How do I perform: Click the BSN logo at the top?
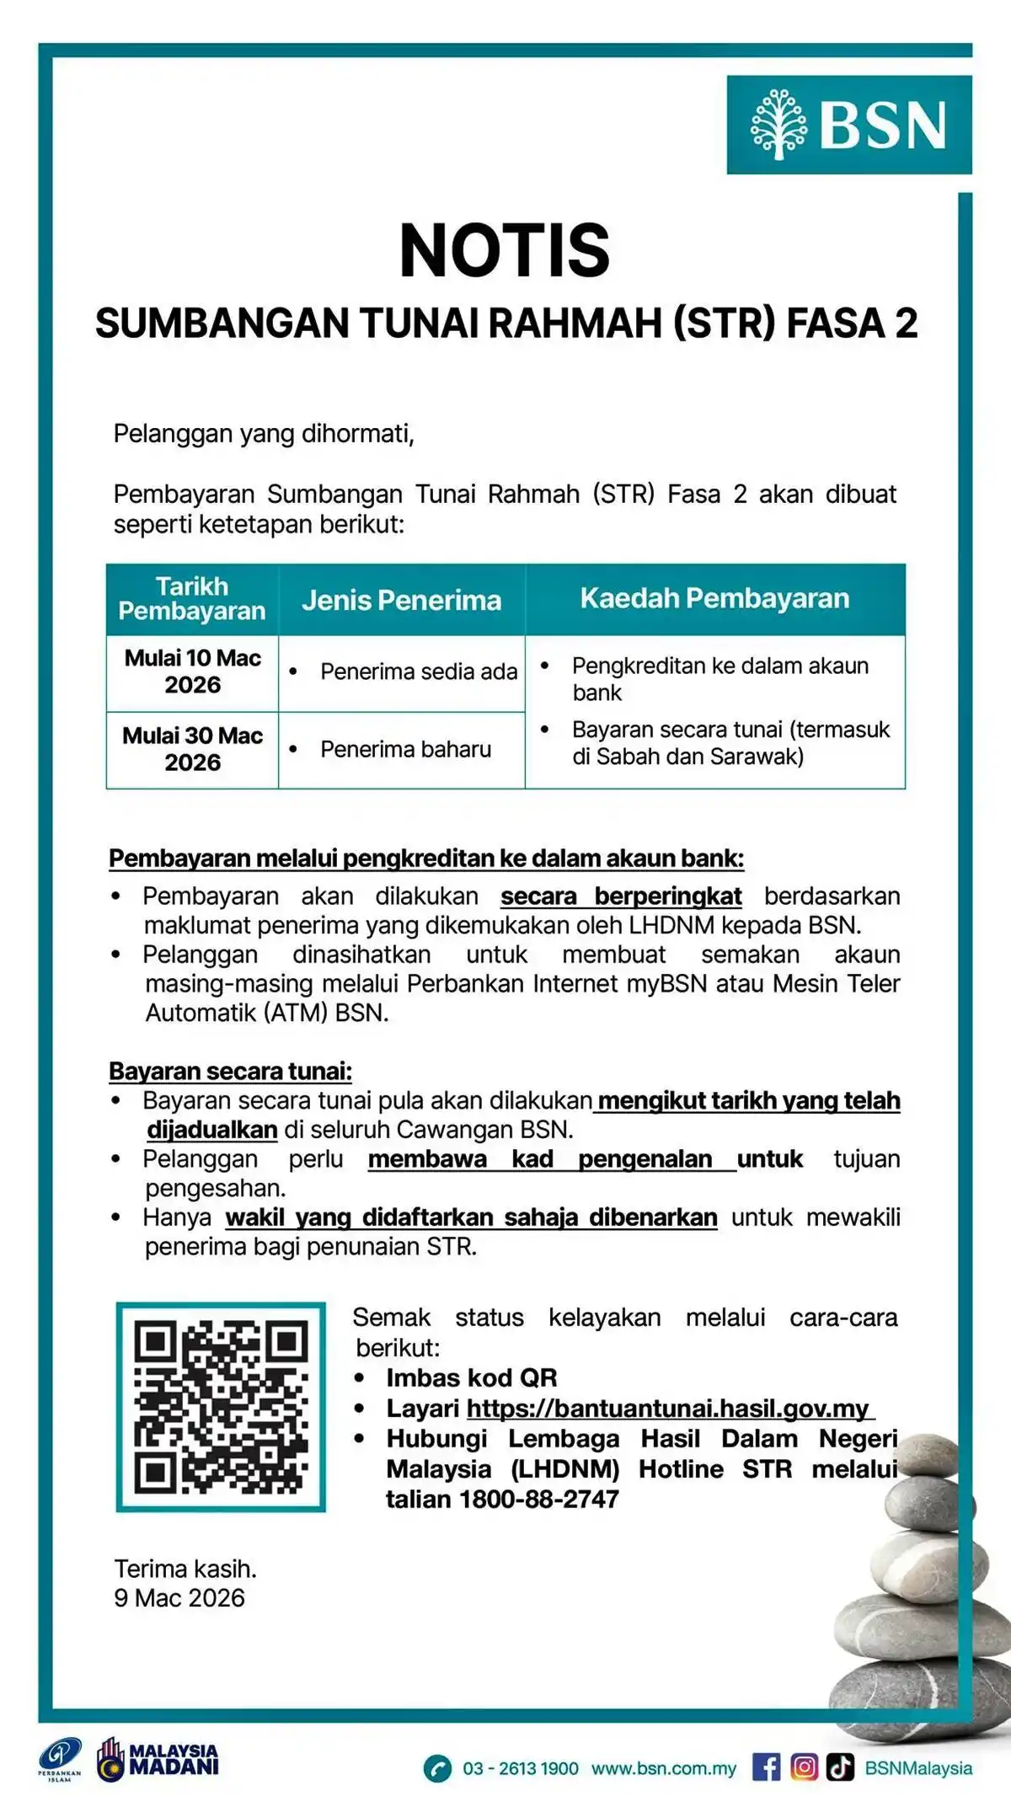click(848, 125)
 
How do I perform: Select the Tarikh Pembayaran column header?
click(192, 599)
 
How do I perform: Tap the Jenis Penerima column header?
click(402, 600)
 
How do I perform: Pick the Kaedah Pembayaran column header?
click(714, 598)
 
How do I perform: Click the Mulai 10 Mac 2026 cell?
click(193, 671)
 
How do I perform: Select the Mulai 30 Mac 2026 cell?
click(193, 749)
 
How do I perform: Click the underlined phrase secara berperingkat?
click(621, 896)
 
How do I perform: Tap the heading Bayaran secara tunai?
click(230, 1071)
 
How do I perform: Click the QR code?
click(221, 1406)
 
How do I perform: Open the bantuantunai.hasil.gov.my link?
click(669, 1408)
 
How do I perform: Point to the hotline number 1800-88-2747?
click(539, 1499)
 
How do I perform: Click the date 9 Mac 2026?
click(179, 1597)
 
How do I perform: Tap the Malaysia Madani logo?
click(158, 1760)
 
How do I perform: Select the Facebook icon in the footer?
click(766, 1767)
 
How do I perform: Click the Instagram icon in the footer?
click(804, 1767)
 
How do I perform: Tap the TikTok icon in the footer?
click(840, 1767)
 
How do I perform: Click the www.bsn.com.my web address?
click(663, 1768)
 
